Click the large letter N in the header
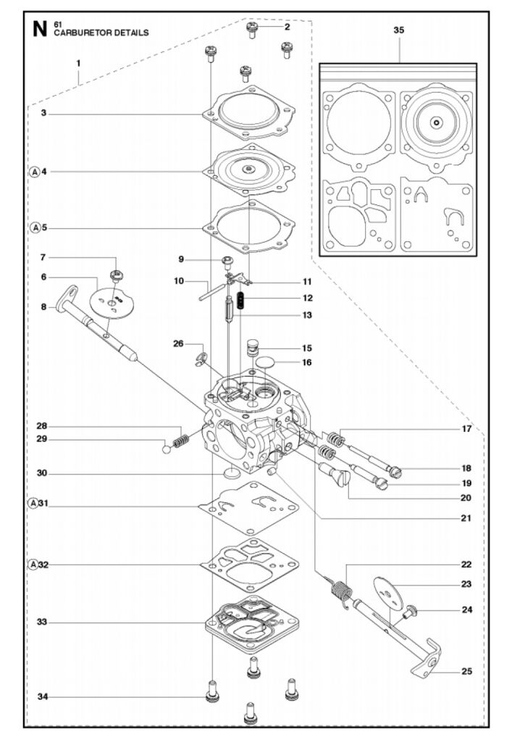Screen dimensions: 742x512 [x=39, y=29]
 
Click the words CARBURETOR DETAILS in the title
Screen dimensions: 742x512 [x=101, y=33]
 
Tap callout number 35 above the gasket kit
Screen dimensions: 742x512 [x=398, y=30]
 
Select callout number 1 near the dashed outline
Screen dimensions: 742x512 [x=78, y=63]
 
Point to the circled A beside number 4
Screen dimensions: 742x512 [x=33, y=172]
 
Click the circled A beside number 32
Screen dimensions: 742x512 [x=33, y=564]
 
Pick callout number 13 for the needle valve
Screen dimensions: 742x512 [x=288, y=315]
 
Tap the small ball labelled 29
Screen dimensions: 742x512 [x=167, y=449]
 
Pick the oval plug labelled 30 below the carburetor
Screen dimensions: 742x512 [x=230, y=473]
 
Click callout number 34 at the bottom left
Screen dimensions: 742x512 [x=43, y=697]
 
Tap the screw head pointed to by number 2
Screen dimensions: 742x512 [x=252, y=29]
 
